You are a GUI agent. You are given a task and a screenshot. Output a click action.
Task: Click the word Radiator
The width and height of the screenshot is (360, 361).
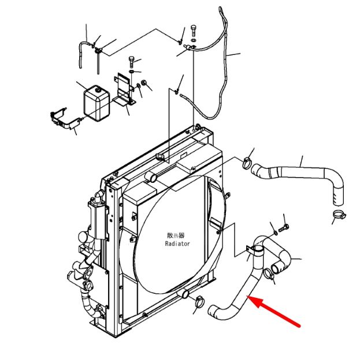177,244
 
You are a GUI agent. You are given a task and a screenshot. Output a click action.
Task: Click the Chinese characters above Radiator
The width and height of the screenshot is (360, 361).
176,235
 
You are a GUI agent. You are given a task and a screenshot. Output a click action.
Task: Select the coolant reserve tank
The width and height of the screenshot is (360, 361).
97,103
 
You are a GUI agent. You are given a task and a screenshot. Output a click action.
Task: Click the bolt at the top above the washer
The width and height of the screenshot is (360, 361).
194,31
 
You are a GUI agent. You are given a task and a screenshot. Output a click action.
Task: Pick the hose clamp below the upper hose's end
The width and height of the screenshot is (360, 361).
339,215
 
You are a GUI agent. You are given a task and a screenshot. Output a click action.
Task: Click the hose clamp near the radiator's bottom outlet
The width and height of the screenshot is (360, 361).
199,302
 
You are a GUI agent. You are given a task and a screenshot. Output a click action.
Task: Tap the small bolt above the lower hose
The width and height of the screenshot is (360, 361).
283,229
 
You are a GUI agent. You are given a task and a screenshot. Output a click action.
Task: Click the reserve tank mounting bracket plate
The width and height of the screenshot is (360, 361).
124,90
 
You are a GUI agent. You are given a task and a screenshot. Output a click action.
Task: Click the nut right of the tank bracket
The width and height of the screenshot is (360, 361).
144,82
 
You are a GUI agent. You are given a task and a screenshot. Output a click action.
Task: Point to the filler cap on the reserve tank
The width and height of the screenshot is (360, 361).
98,89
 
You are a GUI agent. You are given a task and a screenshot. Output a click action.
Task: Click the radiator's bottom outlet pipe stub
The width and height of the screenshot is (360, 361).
184,293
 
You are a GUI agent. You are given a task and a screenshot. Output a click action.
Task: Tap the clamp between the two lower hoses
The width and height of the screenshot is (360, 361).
269,274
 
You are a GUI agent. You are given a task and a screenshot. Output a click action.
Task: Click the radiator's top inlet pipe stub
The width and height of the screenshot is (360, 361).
151,176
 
